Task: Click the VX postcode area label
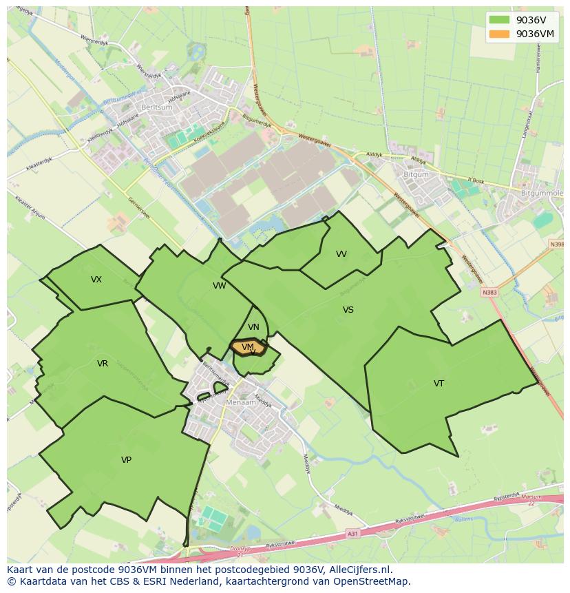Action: [96, 280]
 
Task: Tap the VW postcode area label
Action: [219, 286]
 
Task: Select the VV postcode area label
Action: [341, 254]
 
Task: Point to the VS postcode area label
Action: [348, 310]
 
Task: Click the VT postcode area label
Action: [439, 384]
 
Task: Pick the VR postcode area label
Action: [103, 364]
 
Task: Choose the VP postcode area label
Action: [126, 459]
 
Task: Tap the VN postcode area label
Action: [253, 327]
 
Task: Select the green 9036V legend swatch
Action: [499, 20]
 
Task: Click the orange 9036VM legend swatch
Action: [499, 34]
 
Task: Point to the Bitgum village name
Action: [415, 175]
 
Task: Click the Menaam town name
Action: [242, 402]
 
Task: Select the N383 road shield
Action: [489, 292]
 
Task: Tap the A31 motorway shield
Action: [353, 533]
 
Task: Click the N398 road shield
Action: [557, 245]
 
